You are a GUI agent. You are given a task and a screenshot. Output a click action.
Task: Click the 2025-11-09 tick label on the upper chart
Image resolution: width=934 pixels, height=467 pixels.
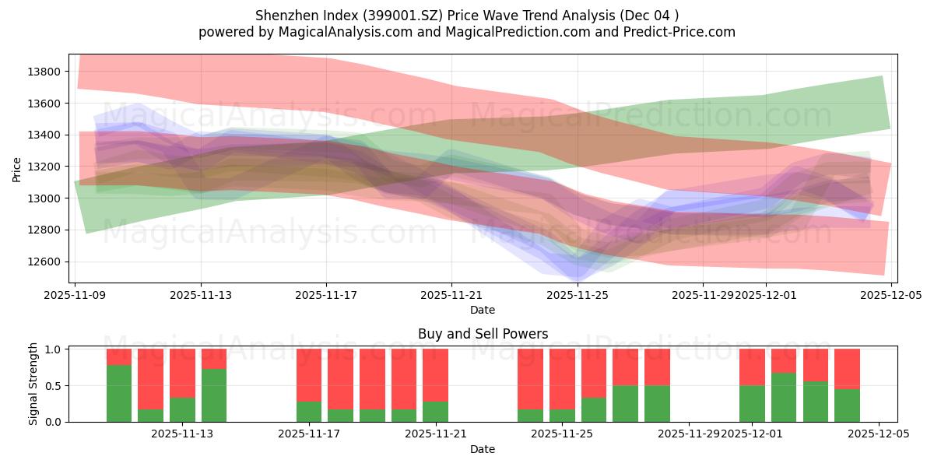75,296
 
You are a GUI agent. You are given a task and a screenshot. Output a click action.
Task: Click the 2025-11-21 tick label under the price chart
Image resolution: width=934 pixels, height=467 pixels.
452,296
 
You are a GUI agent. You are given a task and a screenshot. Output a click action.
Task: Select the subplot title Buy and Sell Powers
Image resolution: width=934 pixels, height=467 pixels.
483,334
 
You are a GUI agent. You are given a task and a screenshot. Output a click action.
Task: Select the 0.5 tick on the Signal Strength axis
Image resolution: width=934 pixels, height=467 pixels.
54,385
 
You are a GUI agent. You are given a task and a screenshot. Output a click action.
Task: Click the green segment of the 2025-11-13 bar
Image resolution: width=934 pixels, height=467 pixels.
182,409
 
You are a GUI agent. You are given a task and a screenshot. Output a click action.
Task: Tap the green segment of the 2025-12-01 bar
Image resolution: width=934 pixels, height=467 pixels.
752,403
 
